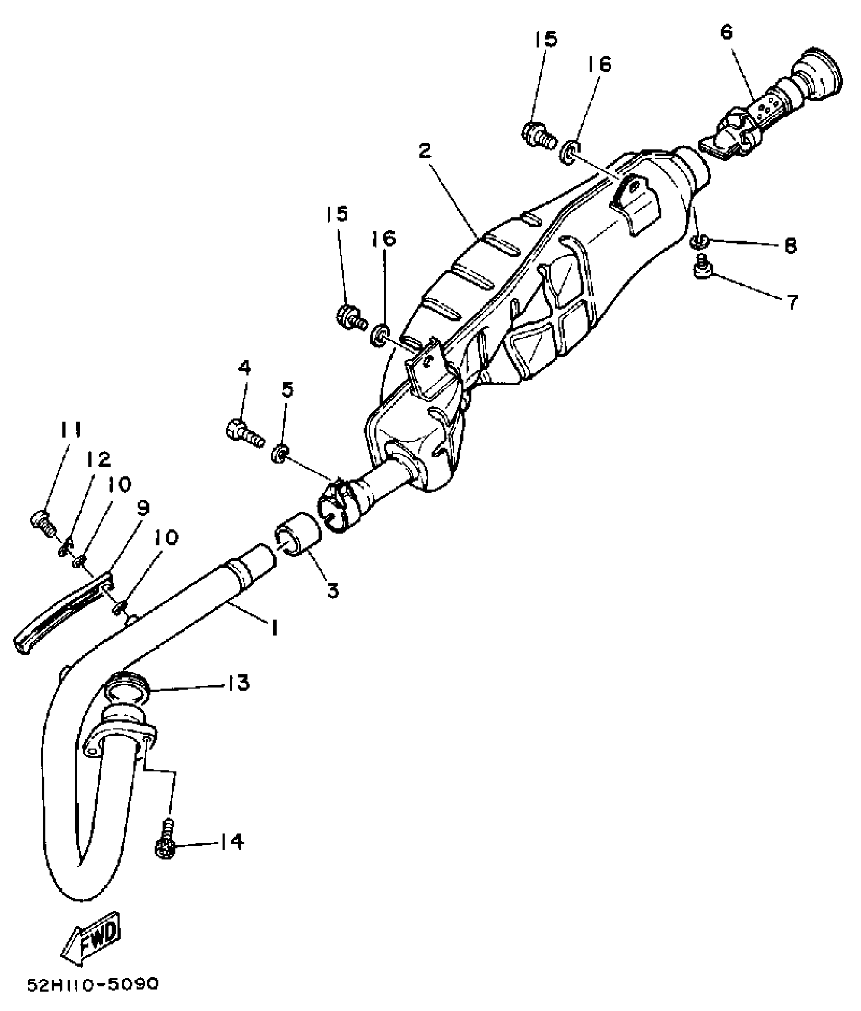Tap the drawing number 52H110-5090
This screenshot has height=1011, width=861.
[93, 983]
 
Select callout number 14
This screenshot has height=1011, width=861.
[230, 842]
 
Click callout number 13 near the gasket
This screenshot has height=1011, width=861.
[237, 682]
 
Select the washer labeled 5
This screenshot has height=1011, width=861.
[280, 452]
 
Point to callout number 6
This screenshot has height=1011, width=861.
[726, 32]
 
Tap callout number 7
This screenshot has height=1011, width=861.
[792, 302]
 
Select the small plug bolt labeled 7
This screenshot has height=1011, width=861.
[702, 270]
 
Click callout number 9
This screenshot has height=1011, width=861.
[143, 509]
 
